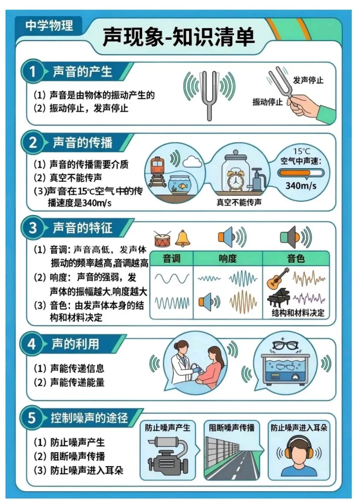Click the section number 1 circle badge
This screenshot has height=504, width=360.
point(32,71)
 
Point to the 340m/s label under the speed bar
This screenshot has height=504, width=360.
point(301,186)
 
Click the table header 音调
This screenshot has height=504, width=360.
point(171,258)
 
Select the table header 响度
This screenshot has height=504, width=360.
point(228,258)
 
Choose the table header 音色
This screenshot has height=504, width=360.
point(296,258)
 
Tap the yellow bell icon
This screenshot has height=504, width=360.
point(183,238)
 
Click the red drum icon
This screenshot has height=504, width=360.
point(163,239)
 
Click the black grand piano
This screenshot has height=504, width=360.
point(278,297)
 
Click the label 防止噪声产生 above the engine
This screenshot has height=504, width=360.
point(167,428)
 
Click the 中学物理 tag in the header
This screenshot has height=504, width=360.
point(49,25)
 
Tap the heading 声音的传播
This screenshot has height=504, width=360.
point(82,143)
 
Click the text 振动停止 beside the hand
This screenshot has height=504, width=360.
point(267,102)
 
